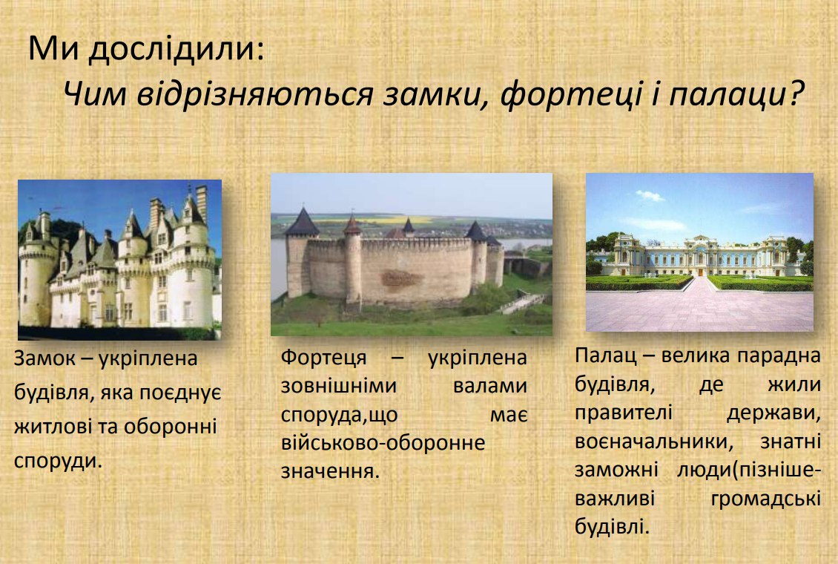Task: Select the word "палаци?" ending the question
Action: pos(736,95)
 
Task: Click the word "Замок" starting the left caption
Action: pos(44,358)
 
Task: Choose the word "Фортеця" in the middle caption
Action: pos(323,358)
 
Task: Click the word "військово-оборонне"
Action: pos(383,442)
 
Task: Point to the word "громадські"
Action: pos(766,499)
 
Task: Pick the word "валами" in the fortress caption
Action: pos(490,385)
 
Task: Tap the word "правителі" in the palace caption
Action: pos(624,413)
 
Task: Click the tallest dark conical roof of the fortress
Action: pos(302,223)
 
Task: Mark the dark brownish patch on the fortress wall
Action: pos(400,278)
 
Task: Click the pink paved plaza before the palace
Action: pos(699,310)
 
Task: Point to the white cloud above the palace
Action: pos(650,196)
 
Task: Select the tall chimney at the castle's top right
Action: pos(202,203)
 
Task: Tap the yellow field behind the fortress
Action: pos(374,220)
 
